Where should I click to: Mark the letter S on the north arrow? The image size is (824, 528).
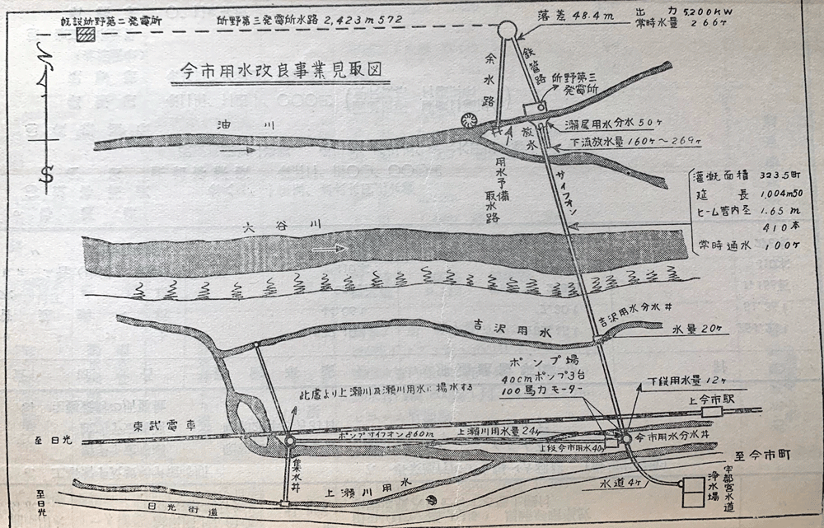pyautogui.click(x=47, y=175)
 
